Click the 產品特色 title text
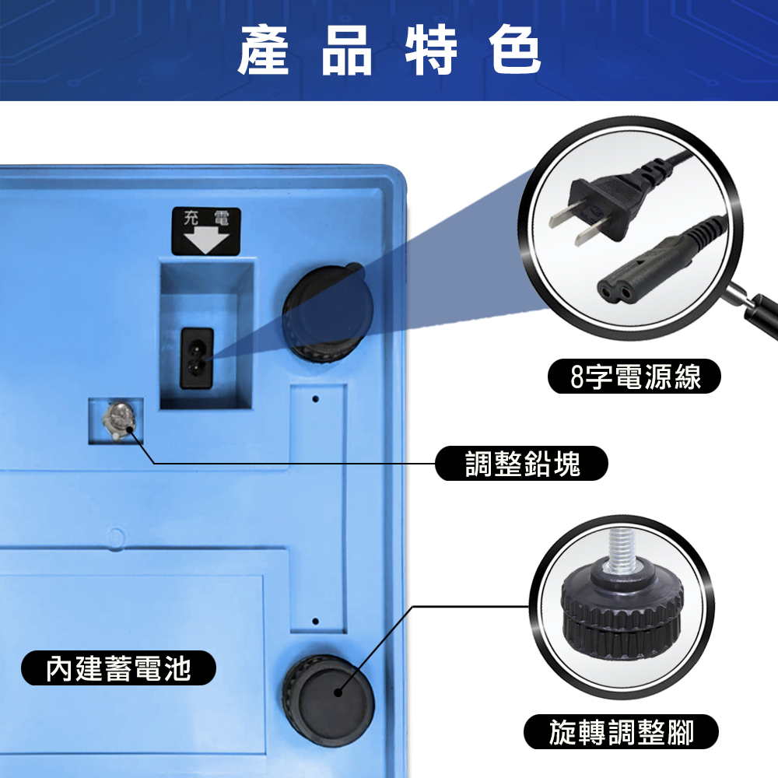pyautogui.click(x=390, y=50)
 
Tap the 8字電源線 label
pyautogui.click(x=634, y=376)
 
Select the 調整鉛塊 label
pyautogui.click(x=521, y=464)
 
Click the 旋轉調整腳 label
pyautogui.click(x=621, y=732)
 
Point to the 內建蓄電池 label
pyautogui.click(x=118, y=668)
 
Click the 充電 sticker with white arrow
pyautogui.click(x=206, y=231)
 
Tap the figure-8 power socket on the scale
pyautogui.click(x=197, y=358)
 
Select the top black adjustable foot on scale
pyautogui.click(x=328, y=314)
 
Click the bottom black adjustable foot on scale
pyautogui.click(x=328, y=699)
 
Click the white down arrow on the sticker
pyautogui.click(x=206, y=242)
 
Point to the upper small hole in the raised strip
pyautogui.click(x=315, y=399)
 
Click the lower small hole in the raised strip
pyautogui.click(x=316, y=621)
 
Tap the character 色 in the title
pyautogui.click(x=514, y=50)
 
